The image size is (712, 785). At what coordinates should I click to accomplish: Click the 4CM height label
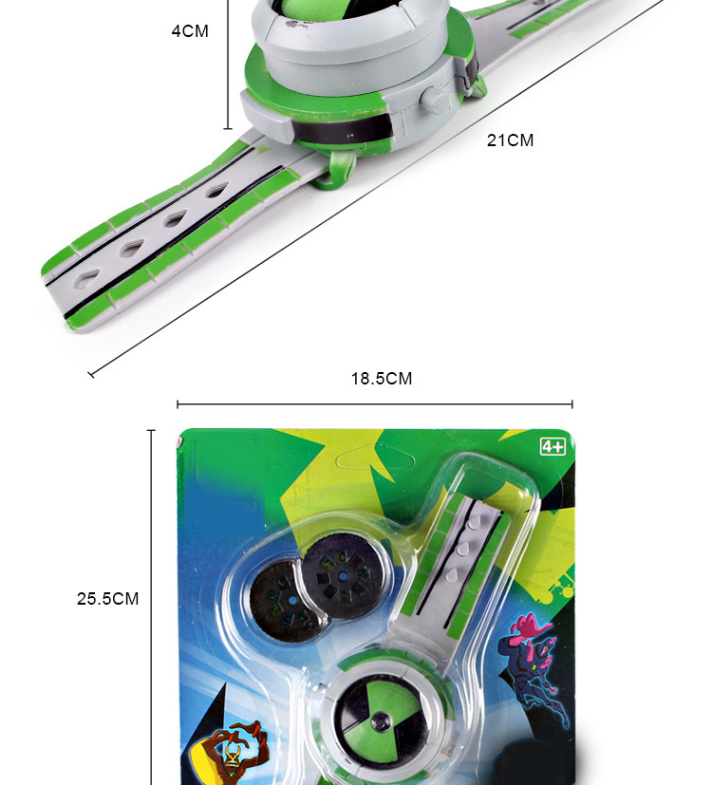(190, 31)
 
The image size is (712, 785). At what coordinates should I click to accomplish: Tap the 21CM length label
(510, 140)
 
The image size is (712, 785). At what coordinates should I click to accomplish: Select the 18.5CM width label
(382, 379)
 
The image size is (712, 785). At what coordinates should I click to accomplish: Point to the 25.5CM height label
(107, 599)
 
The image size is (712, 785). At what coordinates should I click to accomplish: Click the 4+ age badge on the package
(553, 446)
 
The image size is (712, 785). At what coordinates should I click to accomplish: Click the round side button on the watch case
(434, 100)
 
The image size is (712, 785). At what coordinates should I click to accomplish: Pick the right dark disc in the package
(343, 576)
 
